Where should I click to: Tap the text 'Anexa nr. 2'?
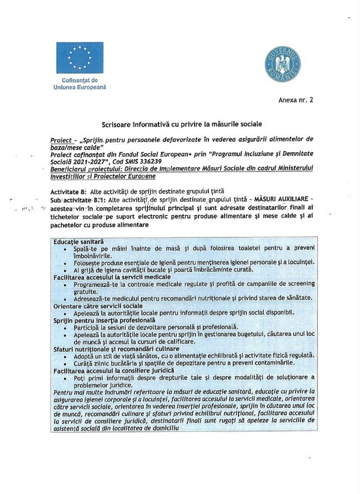click(x=296, y=100)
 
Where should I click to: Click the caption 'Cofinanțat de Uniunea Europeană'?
click(x=80, y=83)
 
